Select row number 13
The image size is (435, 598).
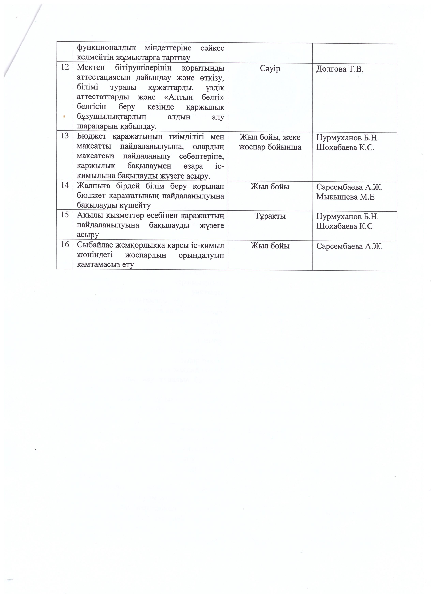(x=65, y=136)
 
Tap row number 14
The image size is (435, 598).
(x=65, y=185)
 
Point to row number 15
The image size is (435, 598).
(x=65, y=215)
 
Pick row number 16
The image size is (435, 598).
(x=65, y=245)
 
